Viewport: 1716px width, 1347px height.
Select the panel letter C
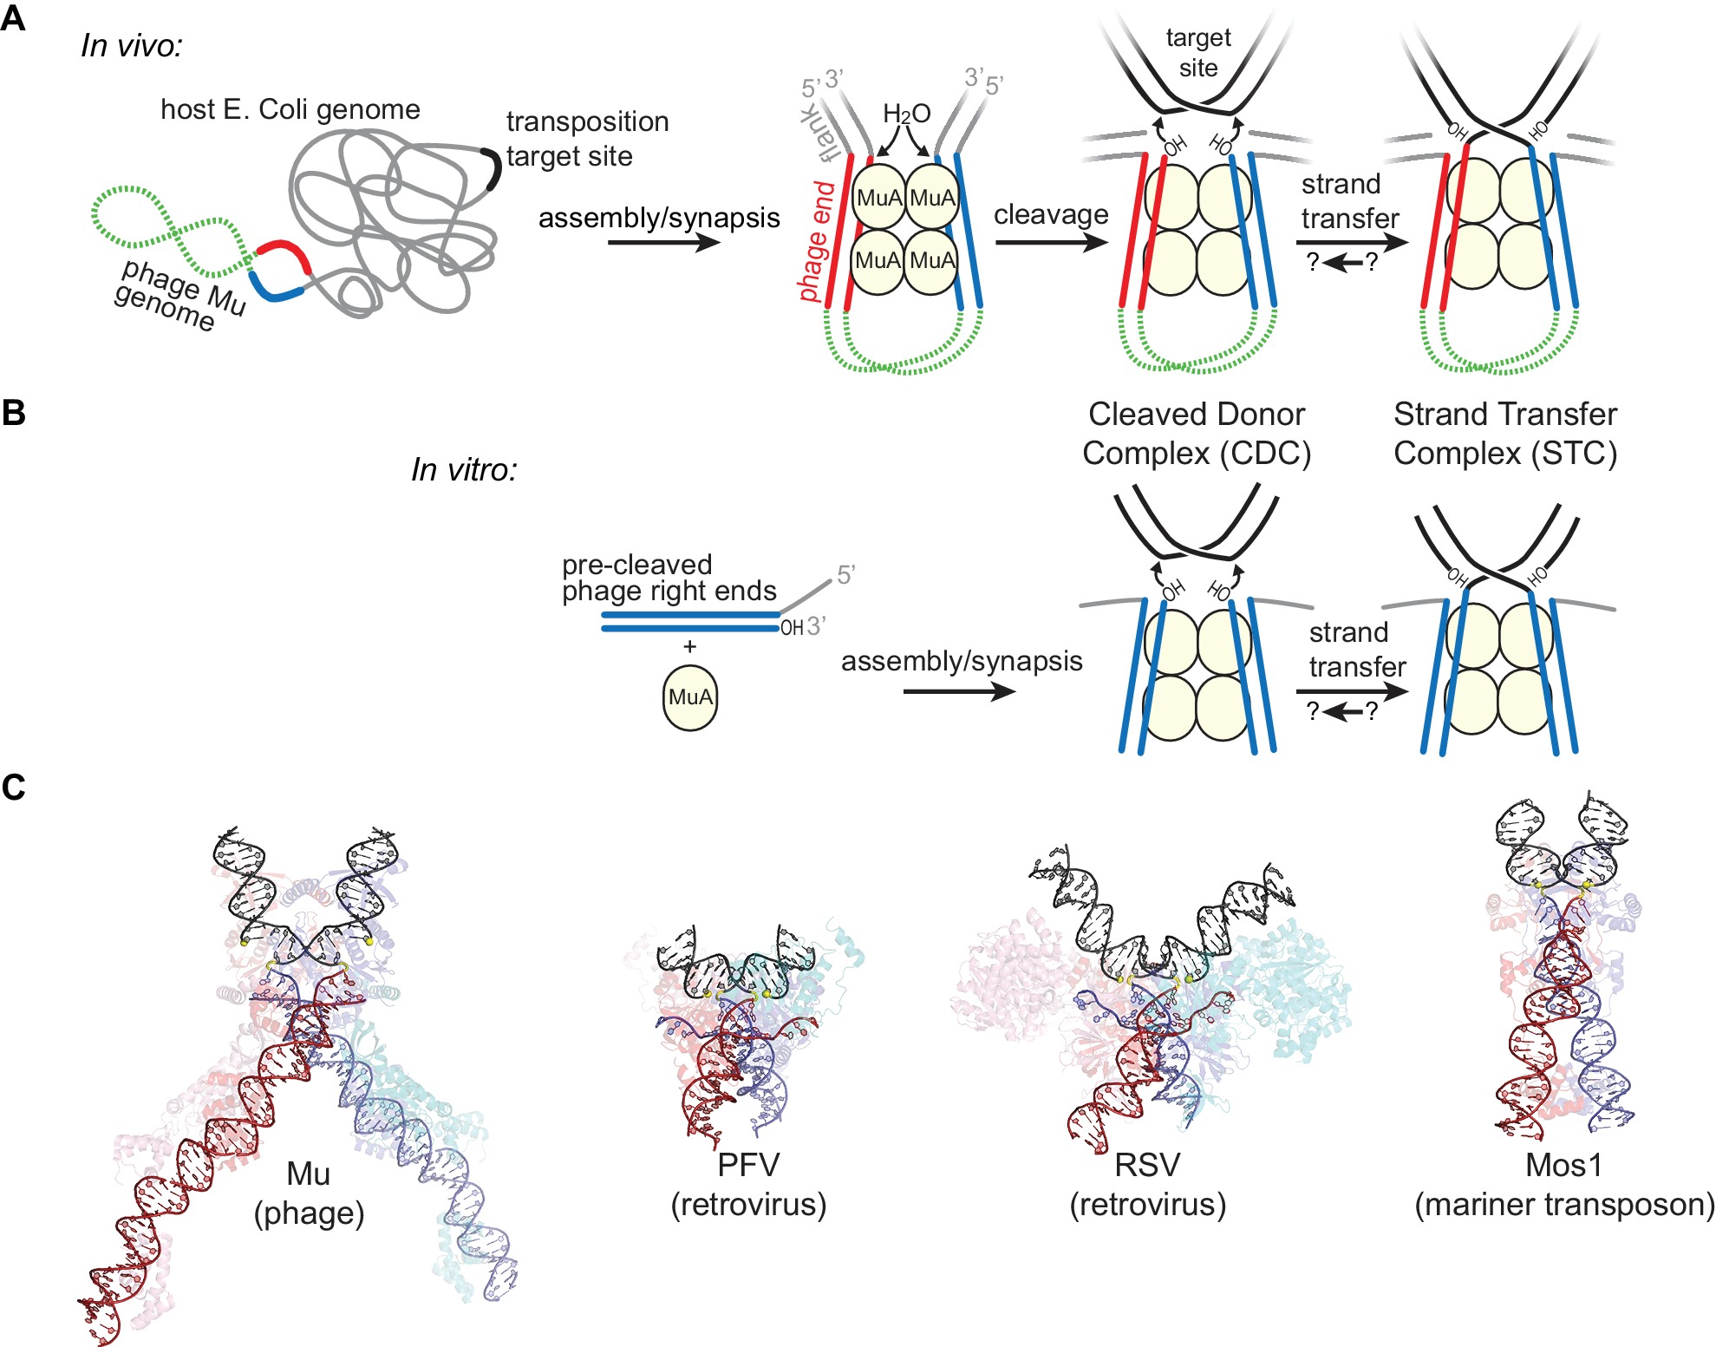click(x=13, y=787)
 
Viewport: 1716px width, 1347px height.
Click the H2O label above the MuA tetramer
click(x=906, y=114)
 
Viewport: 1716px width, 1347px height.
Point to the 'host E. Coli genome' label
click(x=290, y=109)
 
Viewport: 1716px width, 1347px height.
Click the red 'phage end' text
click(x=816, y=241)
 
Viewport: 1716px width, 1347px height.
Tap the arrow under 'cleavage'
click(x=1051, y=242)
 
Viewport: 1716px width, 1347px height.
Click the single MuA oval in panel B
click(x=690, y=697)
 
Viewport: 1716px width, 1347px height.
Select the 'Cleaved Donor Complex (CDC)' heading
click(x=1196, y=434)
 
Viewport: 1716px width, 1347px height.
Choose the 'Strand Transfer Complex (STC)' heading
click(x=1505, y=434)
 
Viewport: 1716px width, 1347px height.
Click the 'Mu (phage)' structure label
click(x=309, y=1193)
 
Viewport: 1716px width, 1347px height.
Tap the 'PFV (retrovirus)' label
click(x=748, y=1184)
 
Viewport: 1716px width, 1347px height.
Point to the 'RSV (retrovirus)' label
click(x=1147, y=1184)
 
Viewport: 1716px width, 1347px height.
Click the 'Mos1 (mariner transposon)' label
click(x=1563, y=1184)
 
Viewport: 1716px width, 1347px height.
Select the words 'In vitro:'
click(x=464, y=469)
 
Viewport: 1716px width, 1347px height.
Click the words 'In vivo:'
click(x=132, y=45)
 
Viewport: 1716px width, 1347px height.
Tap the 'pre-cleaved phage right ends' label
click(x=669, y=578)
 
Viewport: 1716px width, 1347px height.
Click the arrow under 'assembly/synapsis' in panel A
click(x=663, y=242)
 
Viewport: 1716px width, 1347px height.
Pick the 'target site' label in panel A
click(x=1197, y=52)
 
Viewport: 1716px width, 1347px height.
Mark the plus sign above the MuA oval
click(x=689, y=646)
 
